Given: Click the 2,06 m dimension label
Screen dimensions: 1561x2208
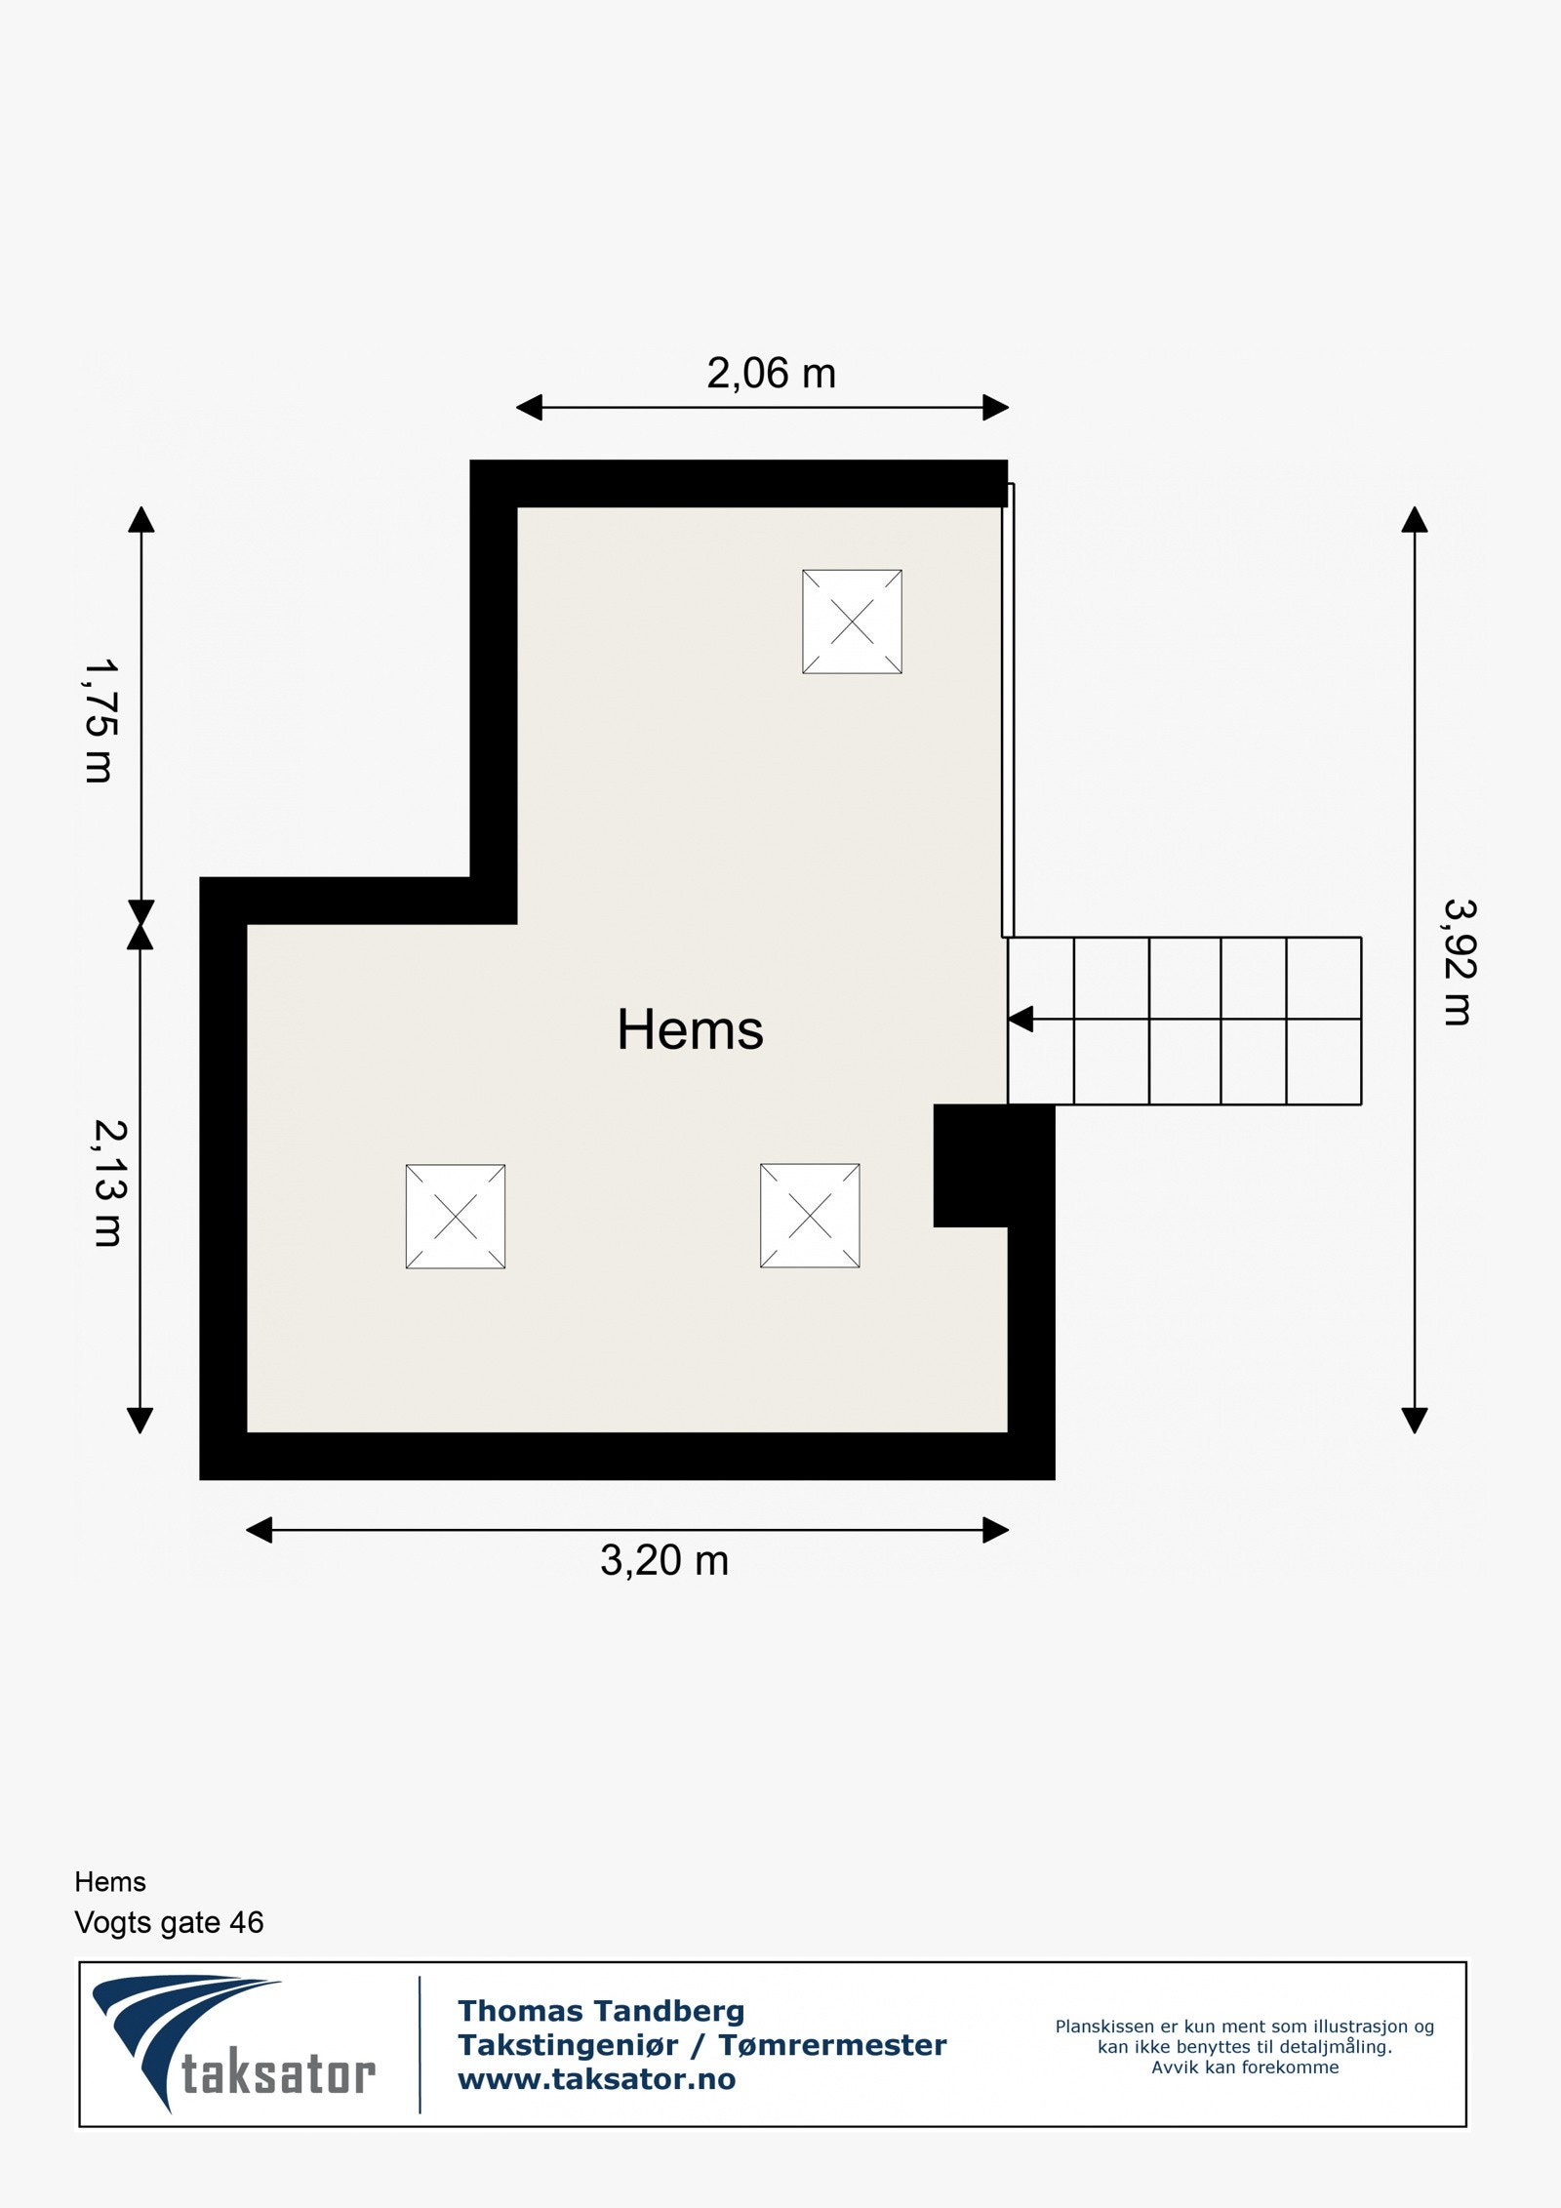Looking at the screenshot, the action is point(771,374).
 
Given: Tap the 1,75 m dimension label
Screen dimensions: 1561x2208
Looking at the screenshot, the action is point(100,721).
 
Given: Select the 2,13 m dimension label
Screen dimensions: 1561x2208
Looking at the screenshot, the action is point(108,1183).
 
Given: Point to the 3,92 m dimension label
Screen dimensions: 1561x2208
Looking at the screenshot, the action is point(1459,962).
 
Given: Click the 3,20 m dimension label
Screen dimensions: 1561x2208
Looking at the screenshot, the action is point(664,1560).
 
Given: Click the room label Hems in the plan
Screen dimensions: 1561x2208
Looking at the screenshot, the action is point(690,1029).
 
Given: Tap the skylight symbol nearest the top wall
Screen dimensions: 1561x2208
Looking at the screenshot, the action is point(852,622).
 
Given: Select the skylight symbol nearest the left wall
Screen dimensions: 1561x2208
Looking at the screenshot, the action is point(456,1217).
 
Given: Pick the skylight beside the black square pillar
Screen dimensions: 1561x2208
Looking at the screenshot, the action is point(810,1216).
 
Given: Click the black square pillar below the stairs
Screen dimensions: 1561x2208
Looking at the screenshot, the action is point(994,1165).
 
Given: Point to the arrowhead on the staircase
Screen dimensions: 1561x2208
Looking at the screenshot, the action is point(1021,1020).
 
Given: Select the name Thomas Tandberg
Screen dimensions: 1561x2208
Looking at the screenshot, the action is point(601,2011).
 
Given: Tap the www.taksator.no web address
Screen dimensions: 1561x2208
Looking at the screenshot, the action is point(597,2079).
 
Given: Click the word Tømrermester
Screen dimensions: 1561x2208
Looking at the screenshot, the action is point(832,2045).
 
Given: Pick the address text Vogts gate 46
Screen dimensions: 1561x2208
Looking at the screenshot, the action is point(169,1922).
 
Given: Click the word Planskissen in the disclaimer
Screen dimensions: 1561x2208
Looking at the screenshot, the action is point(1104,2027).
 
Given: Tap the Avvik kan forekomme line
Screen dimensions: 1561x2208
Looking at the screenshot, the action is point(1245,2067).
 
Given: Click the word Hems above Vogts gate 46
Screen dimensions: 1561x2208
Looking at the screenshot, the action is point(110,1881).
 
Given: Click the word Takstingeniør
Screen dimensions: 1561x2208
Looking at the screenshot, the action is point(568,2045).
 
